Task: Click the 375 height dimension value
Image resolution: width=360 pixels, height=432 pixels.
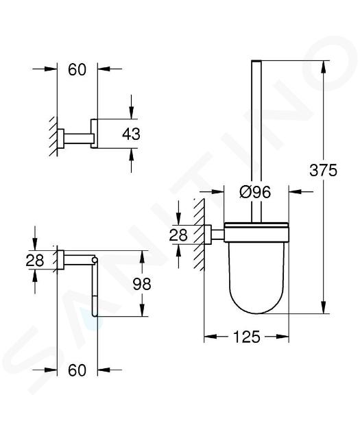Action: tap(323, 170)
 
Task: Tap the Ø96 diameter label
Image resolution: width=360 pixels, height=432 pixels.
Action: tap(255, 192)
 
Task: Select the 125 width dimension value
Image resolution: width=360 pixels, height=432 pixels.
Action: tap(247, 337)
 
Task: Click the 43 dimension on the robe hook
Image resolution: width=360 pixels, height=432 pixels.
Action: tap(131, 134)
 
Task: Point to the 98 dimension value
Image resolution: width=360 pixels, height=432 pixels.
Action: tap(142, 284)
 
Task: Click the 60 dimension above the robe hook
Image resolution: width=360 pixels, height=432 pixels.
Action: tap(77, 69)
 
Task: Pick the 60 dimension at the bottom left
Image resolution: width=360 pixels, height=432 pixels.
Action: tap(77, 370)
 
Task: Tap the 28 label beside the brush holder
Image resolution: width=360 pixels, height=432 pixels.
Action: tap(178, 235)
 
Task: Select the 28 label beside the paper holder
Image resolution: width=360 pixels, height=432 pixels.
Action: tap(35, 260)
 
